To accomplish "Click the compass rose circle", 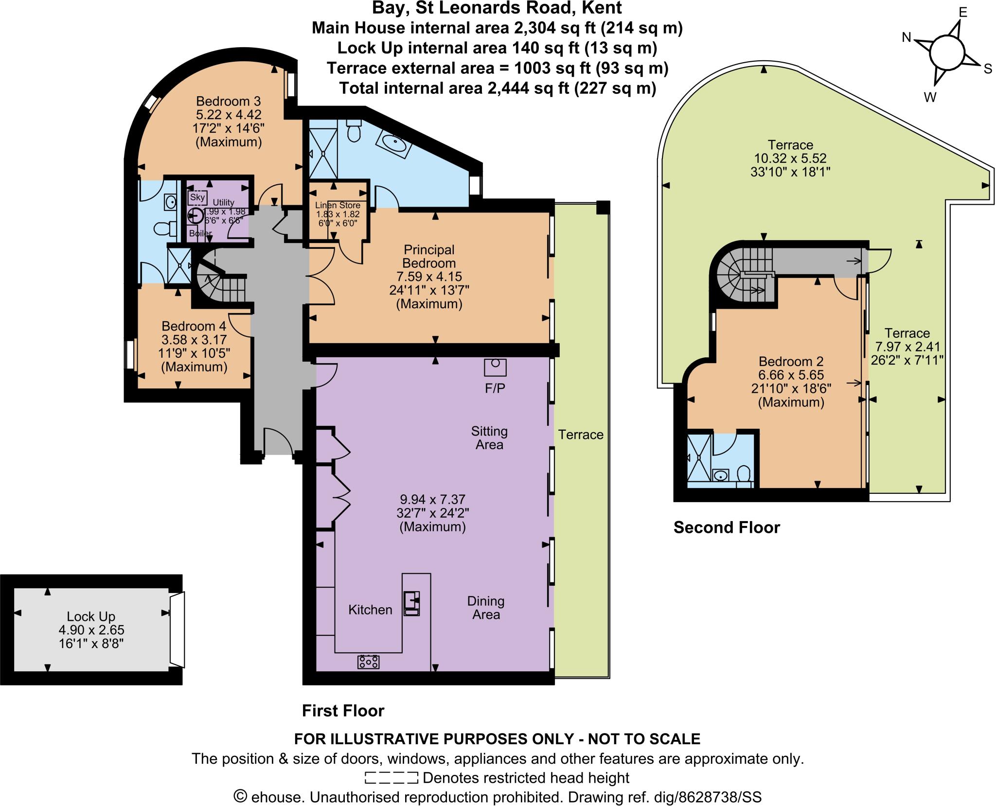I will point(946,54).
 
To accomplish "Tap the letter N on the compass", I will point(907,37).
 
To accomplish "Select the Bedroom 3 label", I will point(228,102).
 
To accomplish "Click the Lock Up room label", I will point(91,616).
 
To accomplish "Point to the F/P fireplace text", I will point(495,388).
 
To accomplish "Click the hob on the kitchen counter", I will point(368,662).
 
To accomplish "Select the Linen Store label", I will point(338,206).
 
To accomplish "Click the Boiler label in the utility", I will point(200,233).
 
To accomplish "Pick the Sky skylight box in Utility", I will point(197,197).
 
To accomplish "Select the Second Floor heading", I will point(727,527).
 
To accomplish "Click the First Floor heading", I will point(343,711).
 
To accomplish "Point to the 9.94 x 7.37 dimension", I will point(432,499).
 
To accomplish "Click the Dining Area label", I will point(486,608).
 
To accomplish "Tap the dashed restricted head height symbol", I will point(391,778).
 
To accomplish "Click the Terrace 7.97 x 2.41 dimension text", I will point(907,347).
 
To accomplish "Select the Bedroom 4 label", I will point(194,326).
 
